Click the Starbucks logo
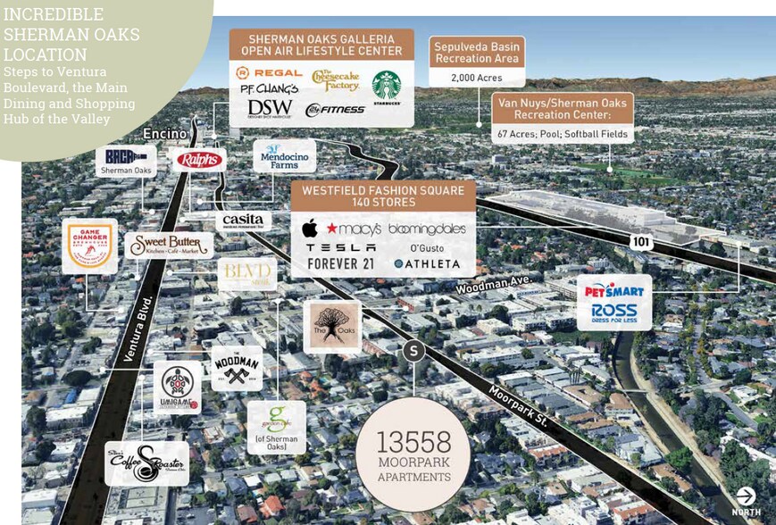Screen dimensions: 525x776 point(387,87)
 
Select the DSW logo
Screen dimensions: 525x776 point(270,108)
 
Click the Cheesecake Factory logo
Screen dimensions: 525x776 point(336,80)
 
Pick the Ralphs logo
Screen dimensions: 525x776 point(199,161)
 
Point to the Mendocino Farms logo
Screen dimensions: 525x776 point(284,157)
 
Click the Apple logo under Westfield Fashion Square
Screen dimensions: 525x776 point(310,228)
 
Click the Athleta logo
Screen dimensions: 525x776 point(427,264)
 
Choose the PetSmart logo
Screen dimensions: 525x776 point(613,290)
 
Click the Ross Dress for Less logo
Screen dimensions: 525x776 point(614,313)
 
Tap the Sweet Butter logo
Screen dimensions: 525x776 point(170,245)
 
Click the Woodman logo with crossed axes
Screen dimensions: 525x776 point(237,368)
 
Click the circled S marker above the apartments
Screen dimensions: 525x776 point(413,351)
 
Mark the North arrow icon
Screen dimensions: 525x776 point(746,496)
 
